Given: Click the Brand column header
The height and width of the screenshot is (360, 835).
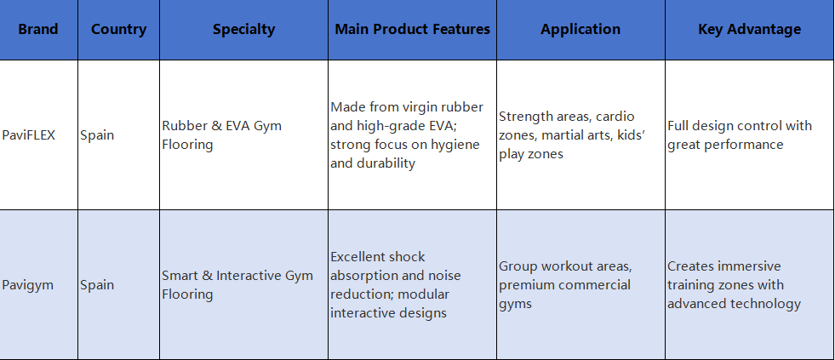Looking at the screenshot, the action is pos(38,29).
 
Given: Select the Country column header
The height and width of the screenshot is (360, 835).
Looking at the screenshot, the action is pos(119,29).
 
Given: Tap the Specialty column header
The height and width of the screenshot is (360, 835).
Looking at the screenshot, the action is pos(244,29).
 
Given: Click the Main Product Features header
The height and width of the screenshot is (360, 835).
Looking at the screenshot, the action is pos(412,29).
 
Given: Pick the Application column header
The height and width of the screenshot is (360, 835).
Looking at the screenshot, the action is pos(580,29).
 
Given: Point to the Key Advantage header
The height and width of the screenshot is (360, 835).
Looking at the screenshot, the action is pos(749,29).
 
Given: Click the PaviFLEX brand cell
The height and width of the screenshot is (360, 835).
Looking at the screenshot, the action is pos(29,135).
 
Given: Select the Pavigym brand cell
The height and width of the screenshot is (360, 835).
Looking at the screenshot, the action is pos(28,285).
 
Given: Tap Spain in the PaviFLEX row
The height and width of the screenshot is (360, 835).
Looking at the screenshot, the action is pos(97,135).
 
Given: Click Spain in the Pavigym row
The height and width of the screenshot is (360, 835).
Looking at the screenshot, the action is pos(97,285).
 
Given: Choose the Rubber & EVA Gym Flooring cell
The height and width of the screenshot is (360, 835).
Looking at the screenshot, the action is pos(222,135).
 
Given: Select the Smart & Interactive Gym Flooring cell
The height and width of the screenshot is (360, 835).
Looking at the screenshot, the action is pos(237,285).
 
